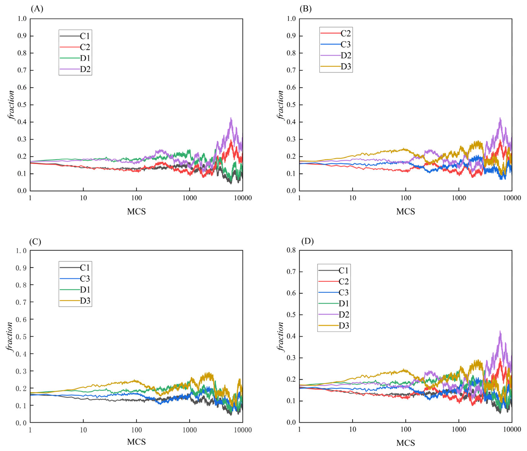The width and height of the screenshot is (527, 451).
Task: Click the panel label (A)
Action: [37, 9]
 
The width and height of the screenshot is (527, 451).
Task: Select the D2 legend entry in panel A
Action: [75, 69]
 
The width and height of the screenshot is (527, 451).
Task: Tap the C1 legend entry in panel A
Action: [75, 36]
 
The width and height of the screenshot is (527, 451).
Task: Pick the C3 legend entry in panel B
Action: [336, 45]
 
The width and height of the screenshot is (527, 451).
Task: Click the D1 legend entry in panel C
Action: [75, 290]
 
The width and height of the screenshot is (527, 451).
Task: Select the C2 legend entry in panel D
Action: [334, 281]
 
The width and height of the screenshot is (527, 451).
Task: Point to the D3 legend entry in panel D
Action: [334, 326]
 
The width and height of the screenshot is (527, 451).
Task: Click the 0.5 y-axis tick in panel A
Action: [22, 105]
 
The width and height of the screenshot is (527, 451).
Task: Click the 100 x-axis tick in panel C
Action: [136, 430]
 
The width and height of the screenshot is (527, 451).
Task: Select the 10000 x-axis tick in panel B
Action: [512, 198]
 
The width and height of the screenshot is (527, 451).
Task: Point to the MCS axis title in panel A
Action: [136, 211]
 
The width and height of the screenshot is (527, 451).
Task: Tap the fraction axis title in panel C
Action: [10, 337]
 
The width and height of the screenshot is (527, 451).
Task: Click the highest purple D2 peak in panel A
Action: [231, 118]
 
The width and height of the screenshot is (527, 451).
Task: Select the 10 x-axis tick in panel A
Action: [83, 198]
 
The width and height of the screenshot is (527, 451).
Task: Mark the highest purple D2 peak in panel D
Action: [500, 331]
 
